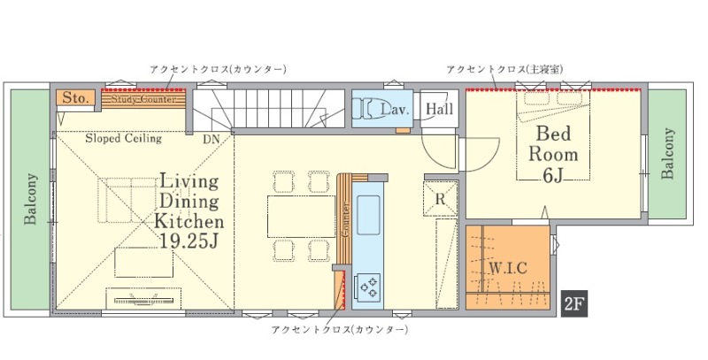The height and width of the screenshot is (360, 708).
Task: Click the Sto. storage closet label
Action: (75, 98)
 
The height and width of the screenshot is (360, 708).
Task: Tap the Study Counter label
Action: (143, 99)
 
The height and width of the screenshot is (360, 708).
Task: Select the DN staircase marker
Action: (211, 140)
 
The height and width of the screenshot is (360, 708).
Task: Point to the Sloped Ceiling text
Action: (123, 138)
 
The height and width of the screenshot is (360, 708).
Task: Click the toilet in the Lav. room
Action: (364, 108)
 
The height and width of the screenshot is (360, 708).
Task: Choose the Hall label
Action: (439, 109)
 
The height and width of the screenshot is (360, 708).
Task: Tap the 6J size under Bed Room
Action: (553, 176)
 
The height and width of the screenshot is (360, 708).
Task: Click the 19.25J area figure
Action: (189, 241)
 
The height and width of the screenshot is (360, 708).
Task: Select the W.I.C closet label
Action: (508, 268)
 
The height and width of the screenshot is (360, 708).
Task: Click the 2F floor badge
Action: (574, 304)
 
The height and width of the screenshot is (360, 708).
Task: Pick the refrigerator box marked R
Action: (440, 199)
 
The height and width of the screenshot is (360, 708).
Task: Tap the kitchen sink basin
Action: (368, 215)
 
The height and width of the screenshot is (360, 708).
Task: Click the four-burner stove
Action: (368, 287)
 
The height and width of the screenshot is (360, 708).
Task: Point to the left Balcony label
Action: (30, 199)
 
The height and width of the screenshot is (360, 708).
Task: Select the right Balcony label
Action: (668, 154)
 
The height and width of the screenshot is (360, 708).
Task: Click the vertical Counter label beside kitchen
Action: (345, 219)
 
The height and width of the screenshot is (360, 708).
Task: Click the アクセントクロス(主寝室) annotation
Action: (504, 70)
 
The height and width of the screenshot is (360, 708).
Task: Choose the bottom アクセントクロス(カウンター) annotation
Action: (340, 330)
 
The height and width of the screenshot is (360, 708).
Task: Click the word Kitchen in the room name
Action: (189, 220)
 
